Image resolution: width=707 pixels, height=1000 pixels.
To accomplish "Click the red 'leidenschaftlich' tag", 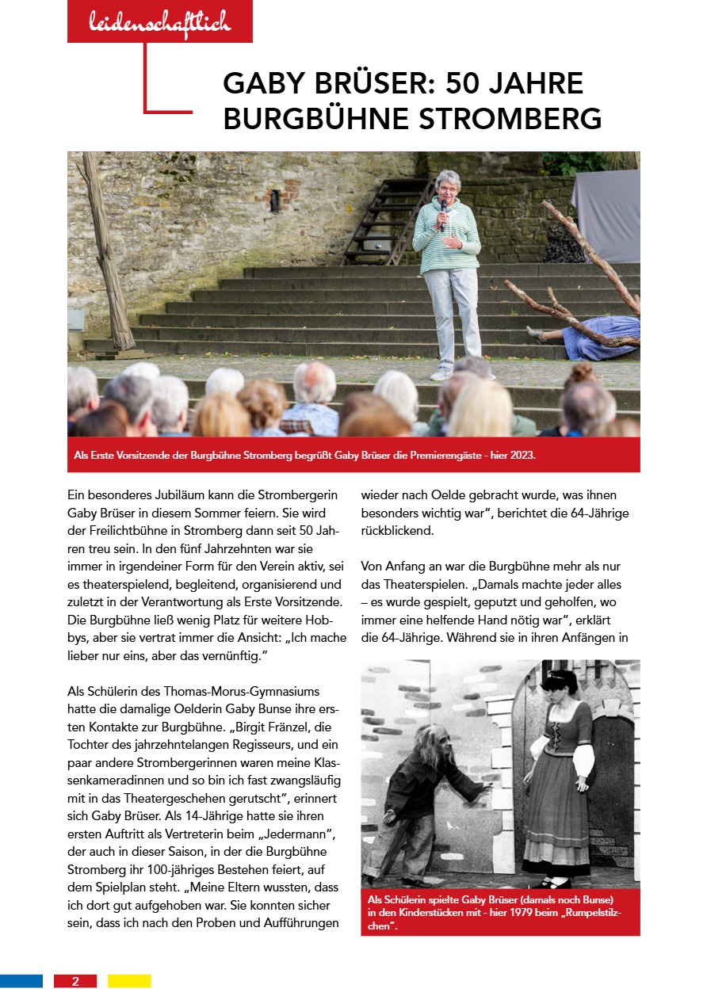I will pos(159,22).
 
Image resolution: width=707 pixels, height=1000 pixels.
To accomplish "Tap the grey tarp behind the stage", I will pos(607,214).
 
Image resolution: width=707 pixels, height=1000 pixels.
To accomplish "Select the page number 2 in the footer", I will pos(75,981).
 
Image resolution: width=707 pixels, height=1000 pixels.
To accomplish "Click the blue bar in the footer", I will pos(21,981).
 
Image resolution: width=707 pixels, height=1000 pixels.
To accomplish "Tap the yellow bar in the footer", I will pos(129,981).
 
